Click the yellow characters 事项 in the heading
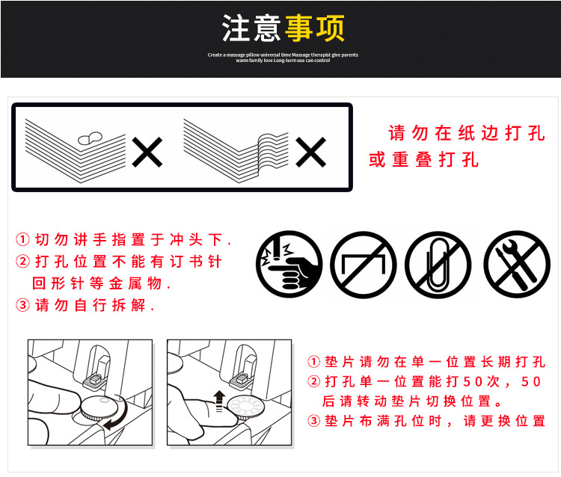(314, 28)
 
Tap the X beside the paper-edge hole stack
(147, 153)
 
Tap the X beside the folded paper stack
(310, 153)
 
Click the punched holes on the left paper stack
(91, 138)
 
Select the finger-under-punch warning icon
(289, 264)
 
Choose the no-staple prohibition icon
(364, 264)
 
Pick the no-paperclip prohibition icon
(438, 264)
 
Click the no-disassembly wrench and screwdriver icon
(516, 264)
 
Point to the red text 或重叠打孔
(423, 160)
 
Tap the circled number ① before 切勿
(23, 240)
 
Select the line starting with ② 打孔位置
(120, 262)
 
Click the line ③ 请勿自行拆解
(85, 305)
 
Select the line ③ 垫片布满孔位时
(426, 421)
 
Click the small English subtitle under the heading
(282, 58)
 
